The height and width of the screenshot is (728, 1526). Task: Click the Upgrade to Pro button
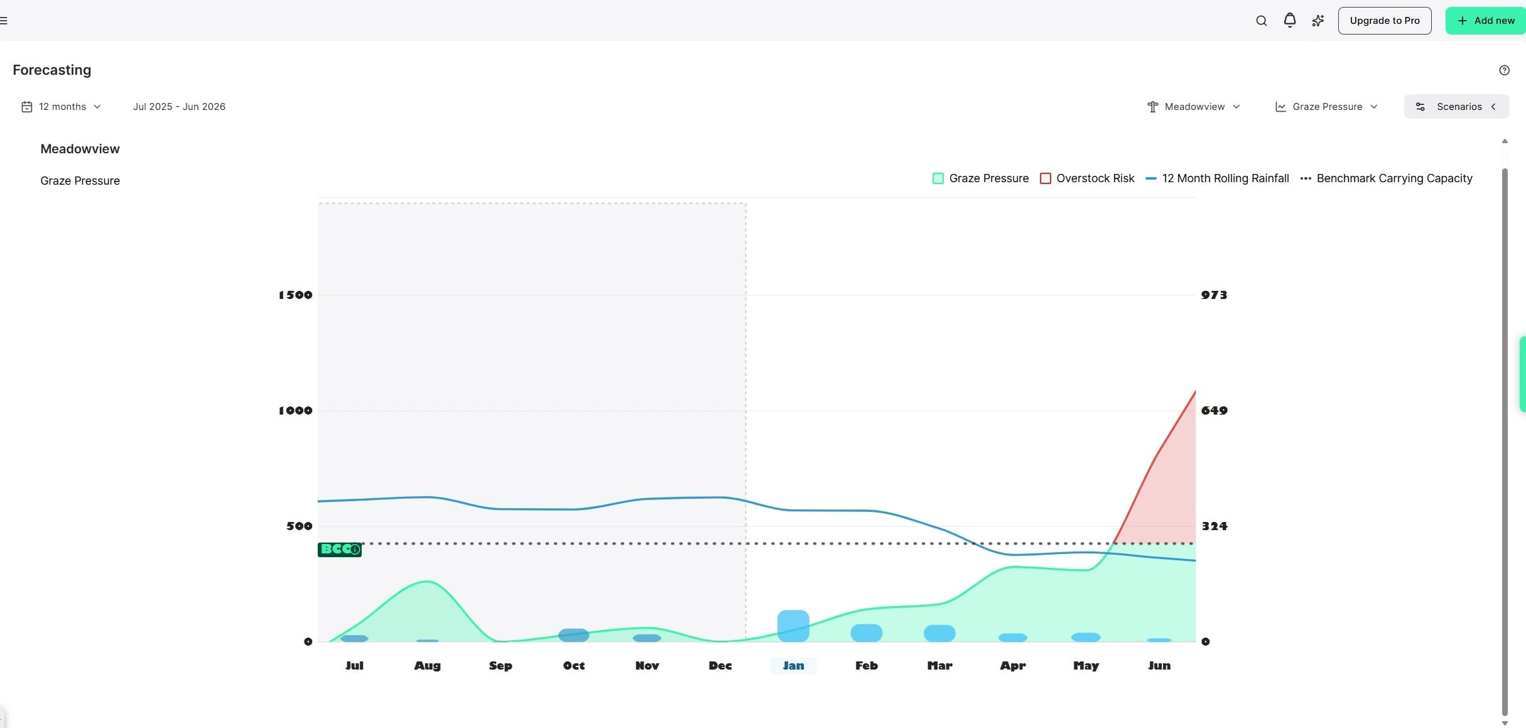1384,21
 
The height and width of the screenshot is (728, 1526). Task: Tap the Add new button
1485,21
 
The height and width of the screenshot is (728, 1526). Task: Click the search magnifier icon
1261,21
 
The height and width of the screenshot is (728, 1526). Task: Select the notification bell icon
1289,21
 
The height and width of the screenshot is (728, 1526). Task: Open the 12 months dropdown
62,107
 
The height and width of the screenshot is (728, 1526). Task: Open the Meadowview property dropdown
1193,107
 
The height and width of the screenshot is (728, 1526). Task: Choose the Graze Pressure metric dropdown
1326,107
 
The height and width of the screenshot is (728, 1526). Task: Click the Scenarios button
1456,107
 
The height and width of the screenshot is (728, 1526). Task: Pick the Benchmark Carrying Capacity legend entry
1386,178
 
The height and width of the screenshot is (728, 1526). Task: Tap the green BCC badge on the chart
340,550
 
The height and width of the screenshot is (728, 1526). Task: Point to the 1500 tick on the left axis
295,295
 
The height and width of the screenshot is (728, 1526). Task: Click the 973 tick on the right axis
1214,295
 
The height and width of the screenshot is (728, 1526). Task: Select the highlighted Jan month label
793,666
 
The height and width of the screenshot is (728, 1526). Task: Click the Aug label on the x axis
427,666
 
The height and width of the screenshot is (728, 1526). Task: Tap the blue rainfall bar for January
793,626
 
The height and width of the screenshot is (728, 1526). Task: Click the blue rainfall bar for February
866,633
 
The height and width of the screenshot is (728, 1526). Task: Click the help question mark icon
1504,70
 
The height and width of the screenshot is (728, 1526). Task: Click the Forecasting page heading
52,70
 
